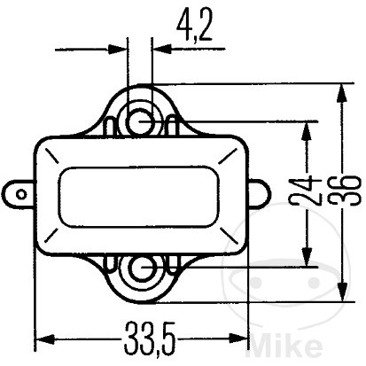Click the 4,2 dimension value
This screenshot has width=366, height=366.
pos(194,26)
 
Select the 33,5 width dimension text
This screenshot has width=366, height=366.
pos(150,339)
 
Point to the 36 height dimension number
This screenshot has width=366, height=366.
pos(346,191)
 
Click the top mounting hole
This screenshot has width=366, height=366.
pos(140,121)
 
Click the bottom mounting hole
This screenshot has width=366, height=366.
pos(143,268)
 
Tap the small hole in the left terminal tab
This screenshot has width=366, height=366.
pos(21,195)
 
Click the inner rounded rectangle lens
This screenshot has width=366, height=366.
pos(139,197)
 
